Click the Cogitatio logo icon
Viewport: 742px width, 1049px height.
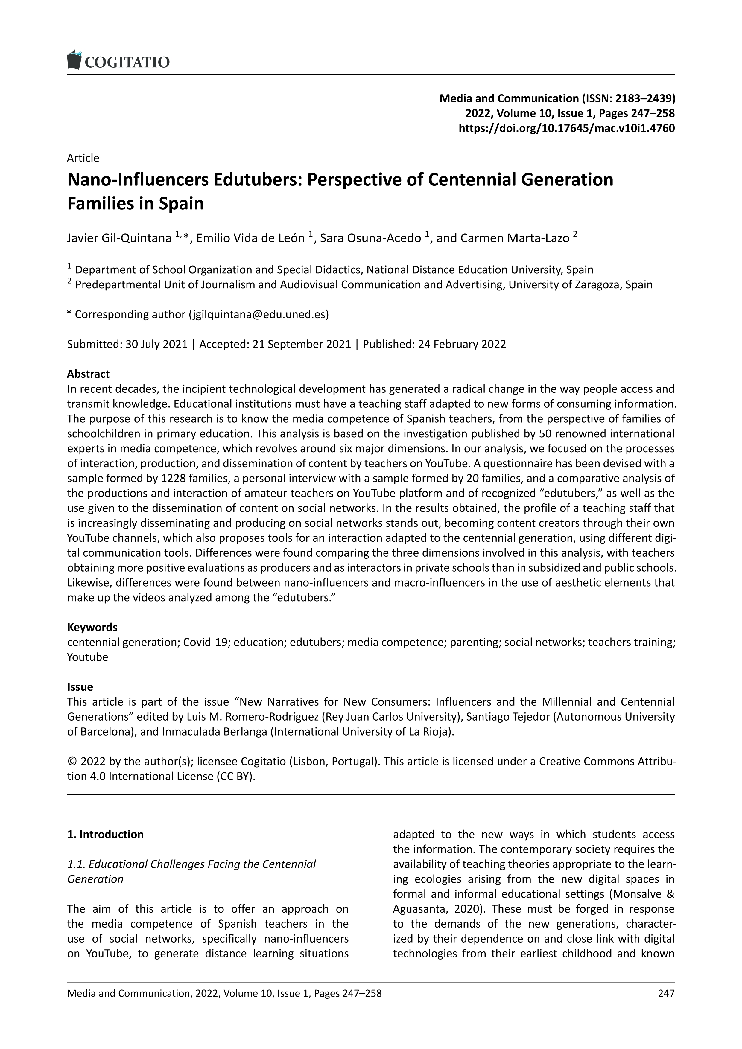[74, 60]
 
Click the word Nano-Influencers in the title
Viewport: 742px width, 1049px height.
[139, 180]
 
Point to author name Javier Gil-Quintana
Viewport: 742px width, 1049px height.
[119, 238]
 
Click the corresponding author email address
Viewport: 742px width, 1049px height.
[258, 314]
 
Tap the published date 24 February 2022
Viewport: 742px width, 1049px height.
[462, 344]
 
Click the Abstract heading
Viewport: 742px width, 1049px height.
[88, 374]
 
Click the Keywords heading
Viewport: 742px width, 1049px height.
[92, 627]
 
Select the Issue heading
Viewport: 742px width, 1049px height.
[80, 687]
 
